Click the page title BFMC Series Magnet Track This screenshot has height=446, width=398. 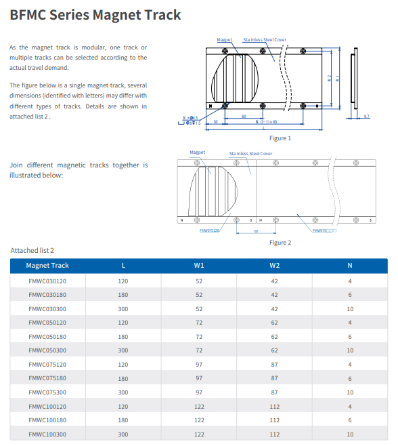tap(95, 14)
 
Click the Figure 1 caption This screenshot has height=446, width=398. tap(280, 138)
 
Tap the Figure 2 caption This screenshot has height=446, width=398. tap(280, 243)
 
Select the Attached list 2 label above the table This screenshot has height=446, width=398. tap(32, 251)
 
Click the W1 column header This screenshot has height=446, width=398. tap(199, 266)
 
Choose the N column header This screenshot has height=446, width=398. tap(350, 266)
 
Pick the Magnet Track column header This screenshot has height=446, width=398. tap(47, 266)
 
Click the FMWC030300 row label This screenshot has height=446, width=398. tap(47, 308)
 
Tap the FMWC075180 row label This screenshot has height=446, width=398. tap(47, 378)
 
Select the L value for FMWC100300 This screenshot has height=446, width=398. tap(123, 434)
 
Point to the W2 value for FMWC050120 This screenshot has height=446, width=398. tap(274, 323)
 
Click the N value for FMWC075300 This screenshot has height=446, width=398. tap(350, 392)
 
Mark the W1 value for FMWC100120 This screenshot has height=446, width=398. tap(199, 407)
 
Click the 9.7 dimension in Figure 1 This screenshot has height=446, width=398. tap(366, 117)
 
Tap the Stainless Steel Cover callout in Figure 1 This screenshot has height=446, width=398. tap(265, 40)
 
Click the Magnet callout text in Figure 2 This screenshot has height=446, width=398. tap(197, 153)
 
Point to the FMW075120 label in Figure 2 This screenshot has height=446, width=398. tap(209, 230)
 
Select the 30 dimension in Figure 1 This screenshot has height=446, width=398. tap(215, 122)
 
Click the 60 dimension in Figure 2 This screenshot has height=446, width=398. tap(256, 231)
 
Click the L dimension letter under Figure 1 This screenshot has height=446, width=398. tap(263, 127)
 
